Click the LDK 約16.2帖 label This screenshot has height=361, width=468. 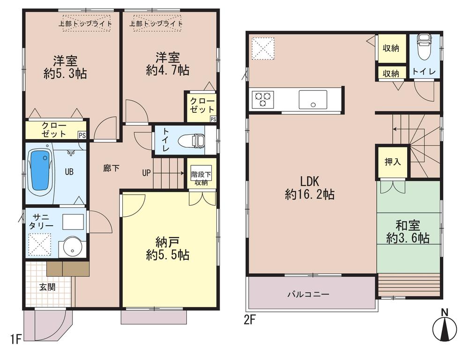point(310,188)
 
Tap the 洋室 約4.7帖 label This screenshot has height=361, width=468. point(168,64)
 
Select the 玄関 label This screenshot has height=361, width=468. point(47,287)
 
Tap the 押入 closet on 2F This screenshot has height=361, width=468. point(393,162)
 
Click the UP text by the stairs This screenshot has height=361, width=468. point(147,173)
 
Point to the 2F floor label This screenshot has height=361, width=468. point(249,320)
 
